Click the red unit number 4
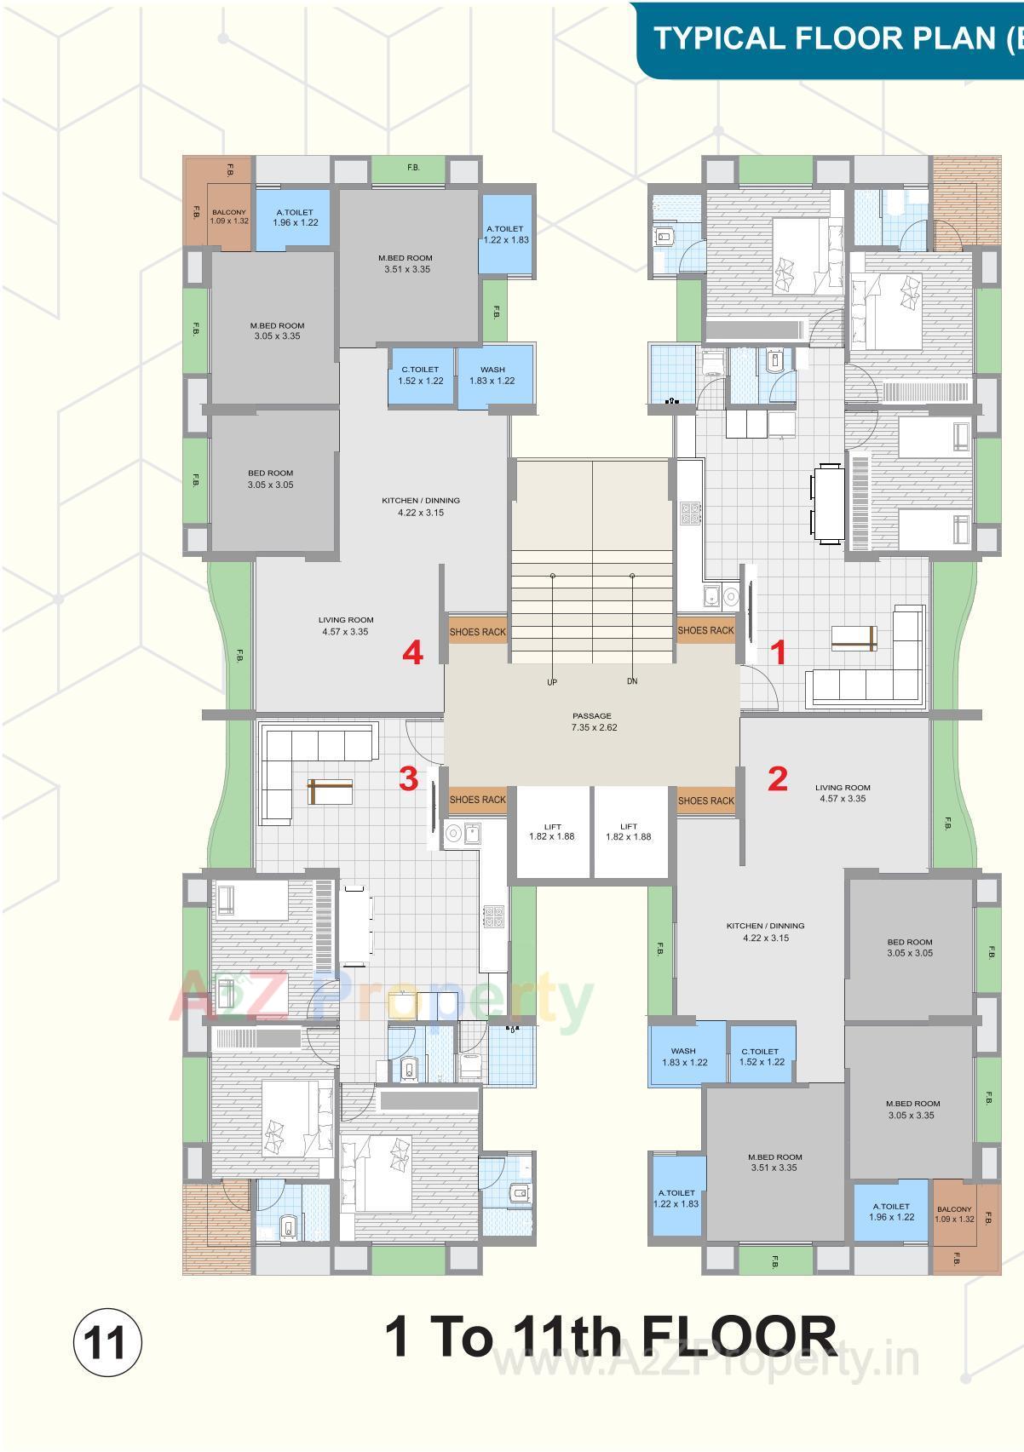(413, 654)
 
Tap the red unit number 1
(778, 653)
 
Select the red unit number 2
(777, 778)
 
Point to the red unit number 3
(409, 778)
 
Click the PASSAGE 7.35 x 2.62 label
(593, 722)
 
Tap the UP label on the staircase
(552, 682)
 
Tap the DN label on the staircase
(632, 681)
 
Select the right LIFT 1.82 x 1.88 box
(629, 832)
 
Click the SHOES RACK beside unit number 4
(477, 632)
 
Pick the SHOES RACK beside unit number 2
(705, 801)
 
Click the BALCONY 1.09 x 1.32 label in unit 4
(229, 216)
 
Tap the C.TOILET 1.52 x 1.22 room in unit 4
(421, 376)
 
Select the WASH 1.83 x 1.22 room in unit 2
(684, 1057)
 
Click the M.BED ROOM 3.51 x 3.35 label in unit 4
(406, 263)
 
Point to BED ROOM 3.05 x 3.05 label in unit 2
(909, 948)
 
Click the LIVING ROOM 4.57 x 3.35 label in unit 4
(346, 626)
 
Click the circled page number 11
(109, 1345)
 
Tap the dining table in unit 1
(826, 503)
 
